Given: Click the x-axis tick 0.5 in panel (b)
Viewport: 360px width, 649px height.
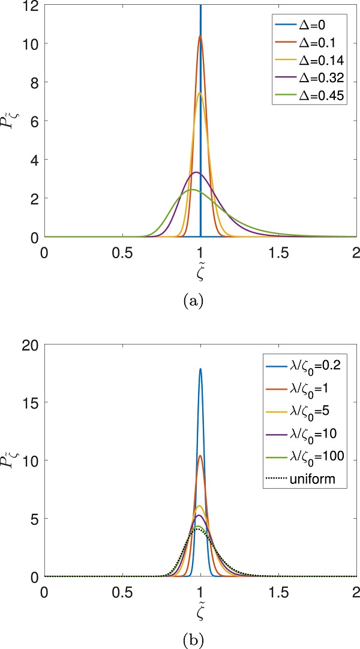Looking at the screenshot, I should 122,590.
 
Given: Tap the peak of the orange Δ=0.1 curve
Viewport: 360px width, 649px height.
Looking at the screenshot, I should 200,36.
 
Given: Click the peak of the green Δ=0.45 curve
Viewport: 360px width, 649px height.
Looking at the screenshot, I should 192,190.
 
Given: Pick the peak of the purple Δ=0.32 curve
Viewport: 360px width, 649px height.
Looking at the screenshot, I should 196,172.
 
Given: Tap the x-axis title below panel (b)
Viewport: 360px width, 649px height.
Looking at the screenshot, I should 200,608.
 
